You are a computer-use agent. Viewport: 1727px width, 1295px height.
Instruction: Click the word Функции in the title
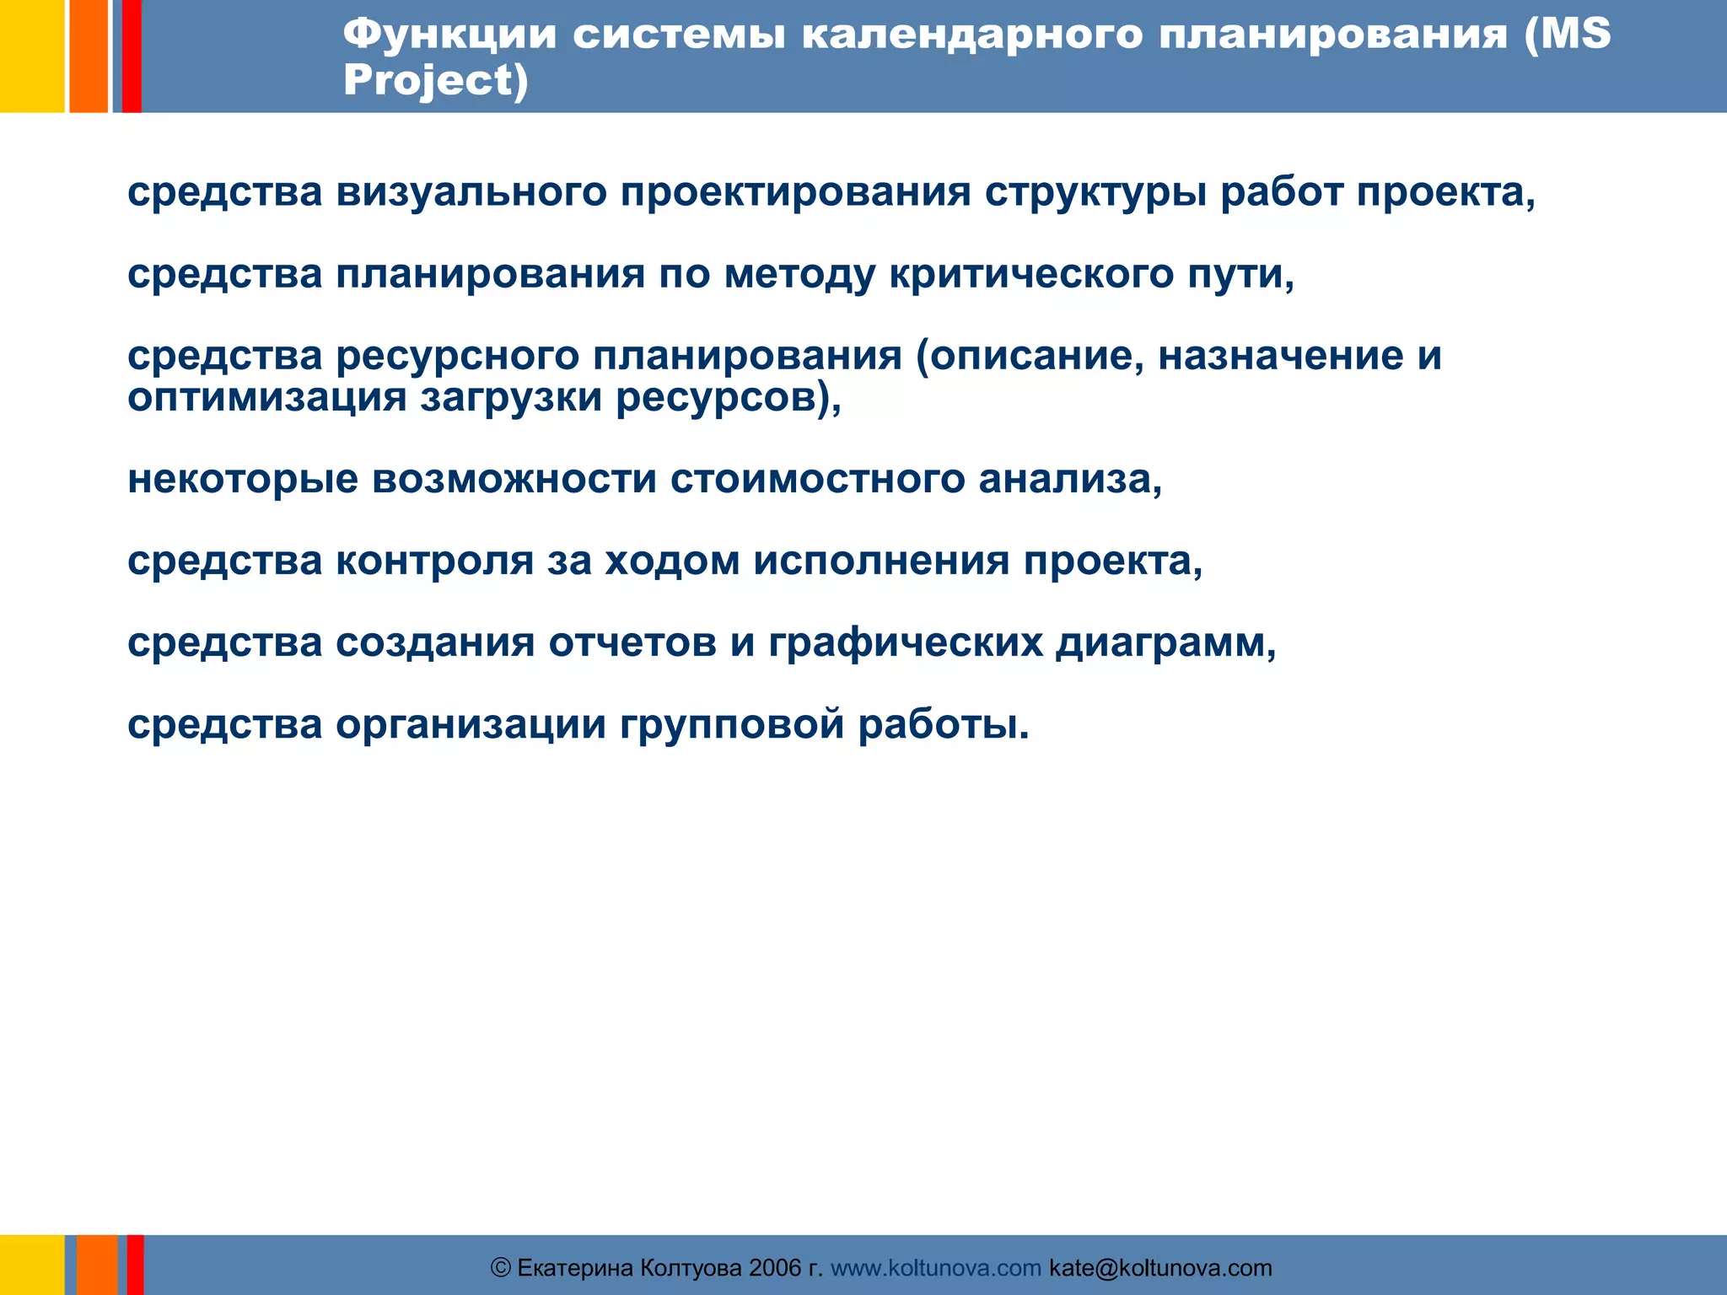449,35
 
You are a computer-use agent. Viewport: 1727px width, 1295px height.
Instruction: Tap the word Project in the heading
428,81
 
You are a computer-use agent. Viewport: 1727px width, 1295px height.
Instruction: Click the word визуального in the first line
471,192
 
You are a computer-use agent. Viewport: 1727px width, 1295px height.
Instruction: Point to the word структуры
1095,192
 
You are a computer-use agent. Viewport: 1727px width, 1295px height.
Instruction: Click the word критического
1031,275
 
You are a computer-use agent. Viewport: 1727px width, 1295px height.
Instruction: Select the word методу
800,275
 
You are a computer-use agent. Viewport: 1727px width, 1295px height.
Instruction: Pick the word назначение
1280,356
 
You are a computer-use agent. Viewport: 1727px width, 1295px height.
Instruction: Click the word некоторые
243,480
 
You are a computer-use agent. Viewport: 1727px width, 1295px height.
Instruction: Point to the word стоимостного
817,480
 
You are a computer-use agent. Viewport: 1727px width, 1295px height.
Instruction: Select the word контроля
435,562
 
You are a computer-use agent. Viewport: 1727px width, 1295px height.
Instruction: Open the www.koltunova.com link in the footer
936,1268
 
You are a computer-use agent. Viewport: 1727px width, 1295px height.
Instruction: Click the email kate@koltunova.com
1160,1268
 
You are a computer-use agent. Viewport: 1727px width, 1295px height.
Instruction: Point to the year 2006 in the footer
774,1268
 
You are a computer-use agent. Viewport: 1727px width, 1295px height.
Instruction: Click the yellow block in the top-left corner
31,56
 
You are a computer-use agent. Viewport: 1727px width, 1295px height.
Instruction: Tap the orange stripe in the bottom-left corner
97,1265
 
